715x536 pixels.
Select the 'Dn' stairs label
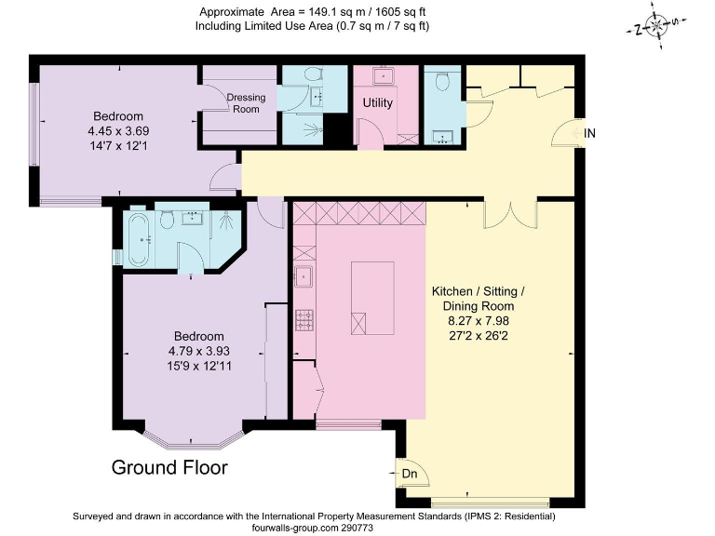point(409,474)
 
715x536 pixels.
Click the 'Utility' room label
point(377,102)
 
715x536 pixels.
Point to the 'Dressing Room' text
point(246,102)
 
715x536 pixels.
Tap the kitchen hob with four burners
point(304,319)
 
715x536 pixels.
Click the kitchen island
point(372,298)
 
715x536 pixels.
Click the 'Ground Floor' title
point(169,467)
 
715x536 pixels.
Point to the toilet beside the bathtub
point(168,220)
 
